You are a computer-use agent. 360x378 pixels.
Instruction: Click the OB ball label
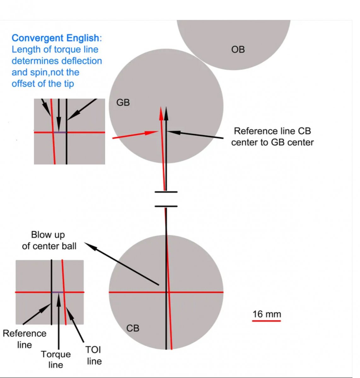click(x=238, y=49)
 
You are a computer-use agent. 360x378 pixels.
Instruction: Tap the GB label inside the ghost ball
click(x=123, y=102)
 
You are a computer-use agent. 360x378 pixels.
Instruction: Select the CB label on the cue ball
click(x=133, y=328)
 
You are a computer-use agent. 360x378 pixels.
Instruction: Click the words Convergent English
click(x=55, y=38)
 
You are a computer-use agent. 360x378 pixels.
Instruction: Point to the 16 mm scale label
click(x=266, y=314)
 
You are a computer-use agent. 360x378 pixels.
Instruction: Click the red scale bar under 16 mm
click(x=266, y=321)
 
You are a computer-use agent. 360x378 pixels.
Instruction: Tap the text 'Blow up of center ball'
click(x=49, y=240)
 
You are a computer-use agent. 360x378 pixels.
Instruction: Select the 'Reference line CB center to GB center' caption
click(x=272, y=137)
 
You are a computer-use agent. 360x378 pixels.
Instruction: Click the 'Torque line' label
click(x=56, y=359)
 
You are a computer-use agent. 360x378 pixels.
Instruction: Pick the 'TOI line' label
click(x=94, y=355)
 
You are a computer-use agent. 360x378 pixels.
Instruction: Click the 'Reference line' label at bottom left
click(x=24, y=339)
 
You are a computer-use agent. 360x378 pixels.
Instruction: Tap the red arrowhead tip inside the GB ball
click(x=161, y=108)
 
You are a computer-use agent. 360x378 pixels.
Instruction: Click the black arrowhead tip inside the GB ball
click(x=166, y=108)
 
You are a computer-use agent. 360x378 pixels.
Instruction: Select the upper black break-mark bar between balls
click(x=166, y=192)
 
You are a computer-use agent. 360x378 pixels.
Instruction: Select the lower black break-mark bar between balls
click(x=166, y=206)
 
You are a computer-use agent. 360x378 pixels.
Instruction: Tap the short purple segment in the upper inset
click(x=60, y=132)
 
